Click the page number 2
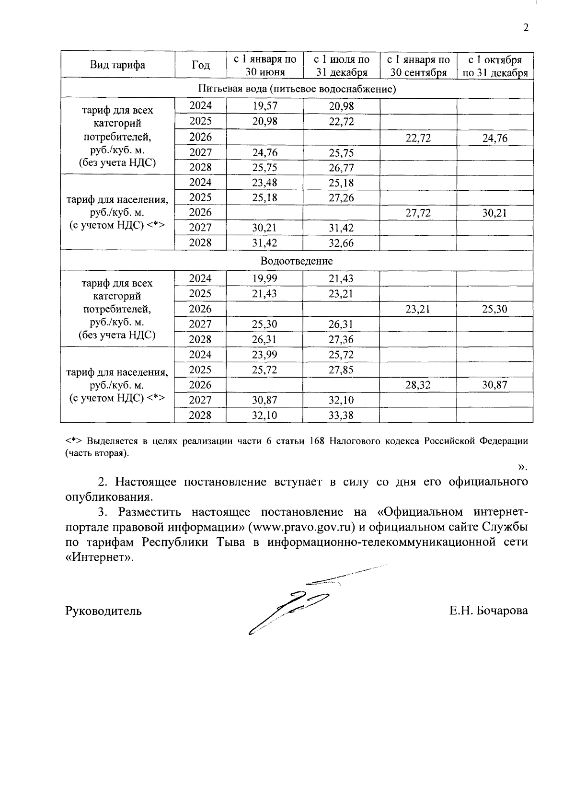pyautogui.click(x=526, y=28)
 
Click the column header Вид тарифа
pyautogui.click(x=117, y=65)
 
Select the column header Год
pyautogui.click(x=200, y=65)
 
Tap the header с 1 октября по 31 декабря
pyautogui.click(x=495, y=66)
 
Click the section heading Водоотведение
pyautogui.click(x=296, y=261)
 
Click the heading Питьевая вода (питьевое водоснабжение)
pyautogui.click(x=296, y=89)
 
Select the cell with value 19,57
pyautogui.click(x=264, y=106)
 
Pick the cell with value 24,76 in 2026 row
pyautogui.click(x=495, y=139)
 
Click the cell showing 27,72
pyautogui.click(x=418, y=213)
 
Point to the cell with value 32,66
pyautogui.click(x=341, y=243)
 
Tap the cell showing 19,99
pyautogui.click(x=264, y=278)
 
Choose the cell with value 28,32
pyautogui.click(x=418, y=385)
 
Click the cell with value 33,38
pyautogui.click(x=341, y=415)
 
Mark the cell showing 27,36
pyautogui.click(x=341, y=339)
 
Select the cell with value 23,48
pyautogui.click(x=264, y=183)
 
